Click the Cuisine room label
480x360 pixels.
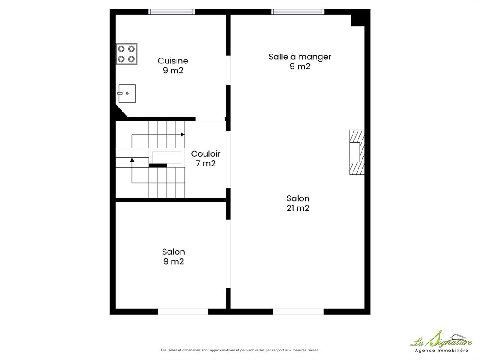(173, 61)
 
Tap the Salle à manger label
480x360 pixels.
(300, 57)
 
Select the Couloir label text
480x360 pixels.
(205, 153)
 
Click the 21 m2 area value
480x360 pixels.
(298, 208)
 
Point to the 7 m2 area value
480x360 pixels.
(205, 163)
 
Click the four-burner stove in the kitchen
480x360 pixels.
(127, 54)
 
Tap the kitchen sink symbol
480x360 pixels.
(127, 93)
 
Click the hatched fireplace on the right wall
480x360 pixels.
(357, 152)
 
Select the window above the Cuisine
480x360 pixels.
(172, 12)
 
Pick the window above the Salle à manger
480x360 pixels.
(298, 12)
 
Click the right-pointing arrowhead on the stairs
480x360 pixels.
(182, 135)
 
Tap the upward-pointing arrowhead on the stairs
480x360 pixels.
(132, 160)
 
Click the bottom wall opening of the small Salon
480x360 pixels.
(183, 312)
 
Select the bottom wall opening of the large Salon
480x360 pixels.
(298, 312)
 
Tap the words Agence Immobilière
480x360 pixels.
(441, 351)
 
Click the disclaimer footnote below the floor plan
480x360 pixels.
(240, 350)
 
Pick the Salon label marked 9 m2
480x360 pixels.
(173, 256)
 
